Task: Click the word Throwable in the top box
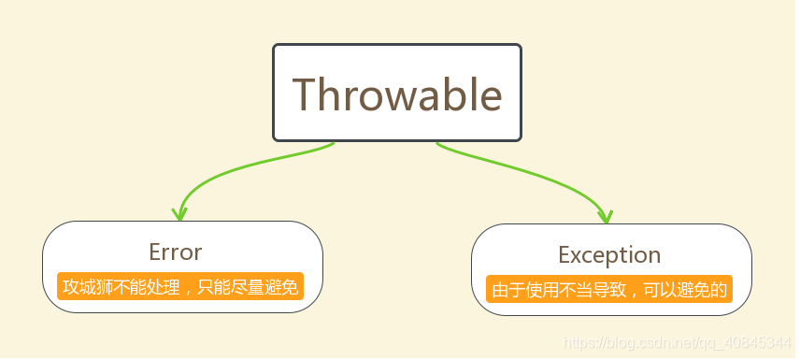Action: (x=397, y=94)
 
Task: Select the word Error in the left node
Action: (x=175, y=252)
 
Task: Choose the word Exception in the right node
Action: (x=609, y=254)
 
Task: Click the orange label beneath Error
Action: (x=179, y=286)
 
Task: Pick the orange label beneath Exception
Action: (x=609, y=289)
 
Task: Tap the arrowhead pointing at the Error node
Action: (x=179, y=213)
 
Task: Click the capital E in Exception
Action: (x=564, y=254)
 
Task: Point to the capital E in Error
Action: (x=155, y=252)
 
